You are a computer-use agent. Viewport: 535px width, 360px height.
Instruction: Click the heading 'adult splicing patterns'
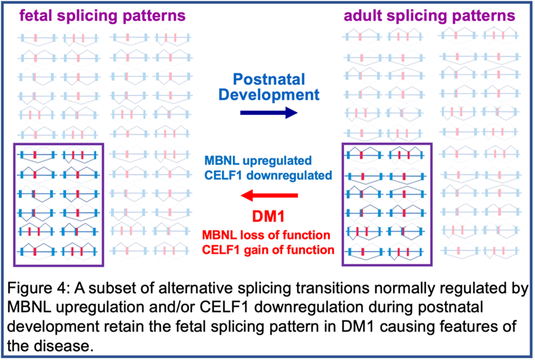point(429,15)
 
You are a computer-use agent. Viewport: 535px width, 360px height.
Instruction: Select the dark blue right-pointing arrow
point(268,112)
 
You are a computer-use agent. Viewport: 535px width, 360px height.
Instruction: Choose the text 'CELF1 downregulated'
point(269,175)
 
